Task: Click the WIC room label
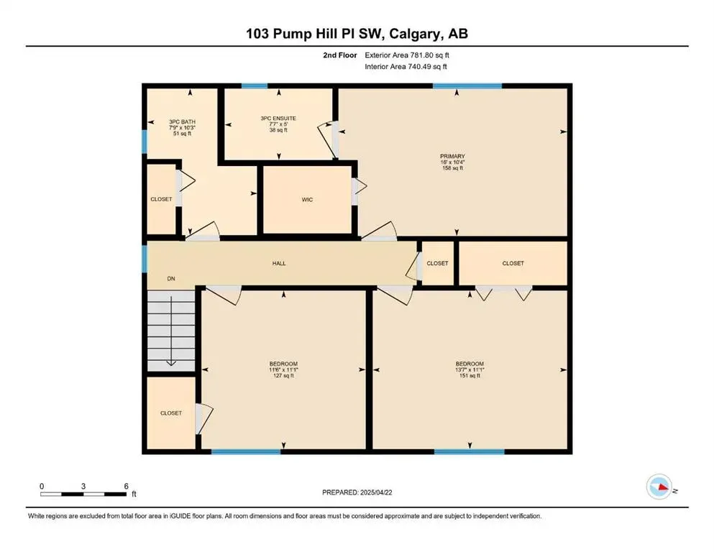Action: point(307,199)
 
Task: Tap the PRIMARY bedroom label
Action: point(453,156)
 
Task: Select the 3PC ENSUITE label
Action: point(278,118)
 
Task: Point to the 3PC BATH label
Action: point(182,122)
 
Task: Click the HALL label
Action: point(279,263)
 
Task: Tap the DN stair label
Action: point(171,279)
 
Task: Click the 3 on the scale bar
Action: point(84,486)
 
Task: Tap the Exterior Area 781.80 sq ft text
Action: point(408,55)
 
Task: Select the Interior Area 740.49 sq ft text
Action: point(406,67)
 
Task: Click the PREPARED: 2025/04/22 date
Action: point(357,492)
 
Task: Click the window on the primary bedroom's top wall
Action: point(467,86)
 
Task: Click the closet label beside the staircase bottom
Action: point(171,413)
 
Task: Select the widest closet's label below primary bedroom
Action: point(513,263)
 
